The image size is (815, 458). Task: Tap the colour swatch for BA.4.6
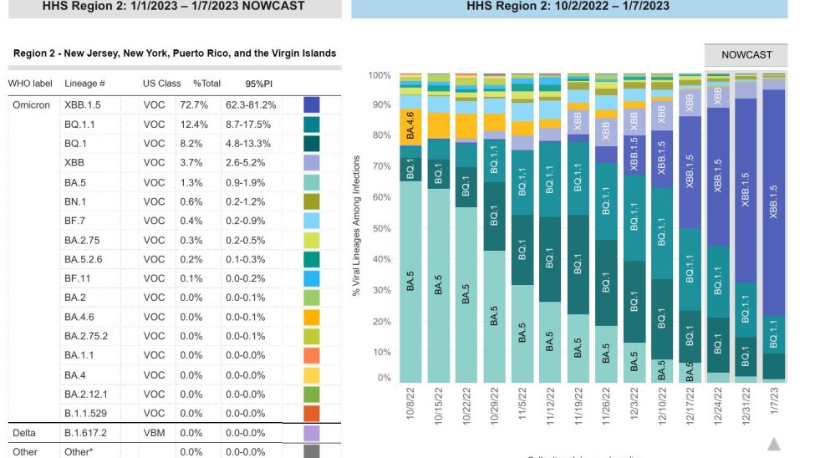click(312, 317)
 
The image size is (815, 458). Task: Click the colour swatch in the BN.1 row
click(312, 201)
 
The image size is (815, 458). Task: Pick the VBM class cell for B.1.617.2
click(155, 433)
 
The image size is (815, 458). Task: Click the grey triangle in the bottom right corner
click(774, 444)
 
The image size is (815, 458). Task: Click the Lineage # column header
click(84, 84)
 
